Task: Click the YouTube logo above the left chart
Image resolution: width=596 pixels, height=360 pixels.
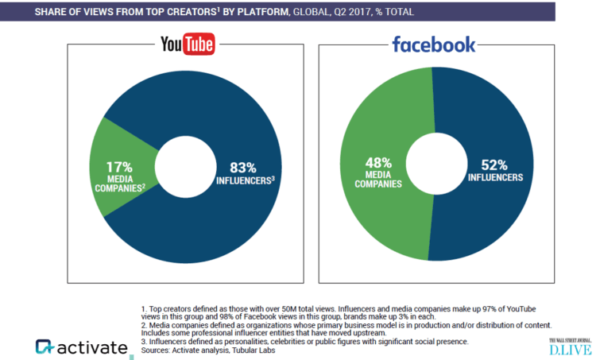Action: point(188,45)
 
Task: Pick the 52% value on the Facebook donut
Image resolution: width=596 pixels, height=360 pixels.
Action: point(495,165)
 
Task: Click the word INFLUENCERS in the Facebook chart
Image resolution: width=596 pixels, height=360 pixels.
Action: point(495,177)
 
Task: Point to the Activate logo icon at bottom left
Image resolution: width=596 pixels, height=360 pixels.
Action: point(45,347)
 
